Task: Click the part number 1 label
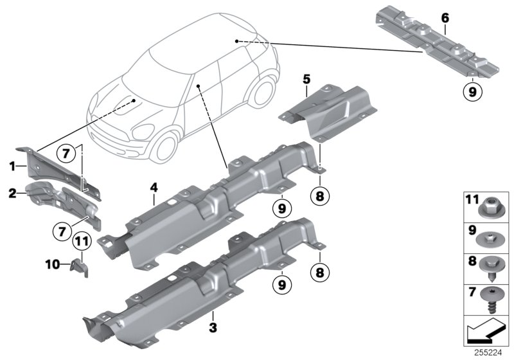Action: (x=12, y=165)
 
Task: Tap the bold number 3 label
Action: (x=213, y=327)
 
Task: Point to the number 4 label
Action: (x=154, y=188)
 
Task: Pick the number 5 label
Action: (x=306, y=79)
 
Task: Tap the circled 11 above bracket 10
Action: (x=80, y=242)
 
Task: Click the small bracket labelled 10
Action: (x=81, y=265)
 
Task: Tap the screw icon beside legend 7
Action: (x=490, y=298)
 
